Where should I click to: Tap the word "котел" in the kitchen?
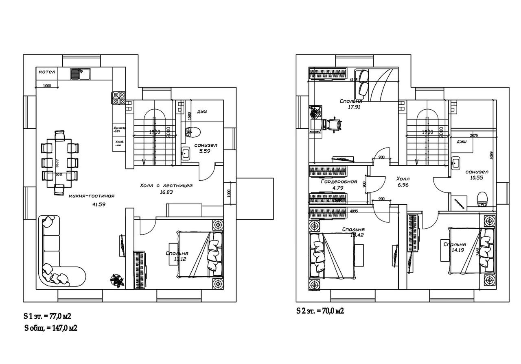(47, 72)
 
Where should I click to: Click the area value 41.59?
(99, 204)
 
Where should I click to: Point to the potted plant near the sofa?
(117, 280)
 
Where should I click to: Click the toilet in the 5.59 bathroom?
(191, 132)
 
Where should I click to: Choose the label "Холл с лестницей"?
(166, 186)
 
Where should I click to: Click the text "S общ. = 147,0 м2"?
(50, 328)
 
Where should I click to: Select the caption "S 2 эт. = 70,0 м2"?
(320, 311)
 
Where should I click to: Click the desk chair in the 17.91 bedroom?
(335, 123)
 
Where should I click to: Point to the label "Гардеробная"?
(339, 182)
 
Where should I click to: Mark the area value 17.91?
(352, 108)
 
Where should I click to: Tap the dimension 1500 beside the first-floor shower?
(189, 115)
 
